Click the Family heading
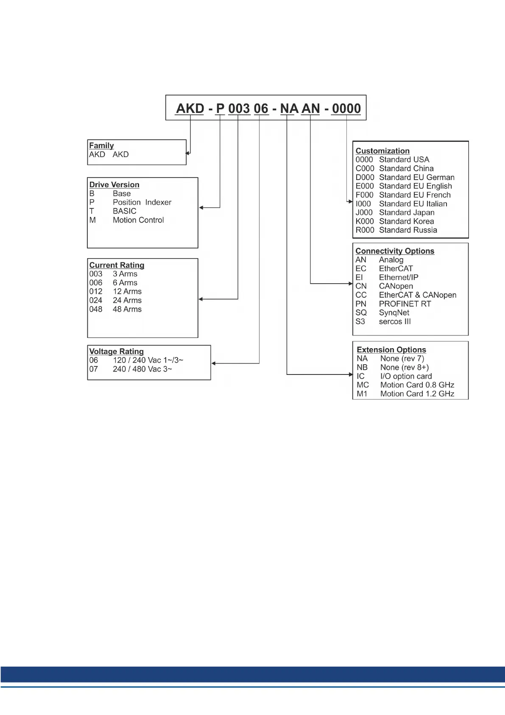coord(101,146)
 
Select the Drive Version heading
coord(114,185)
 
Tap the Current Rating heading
coord(117,265)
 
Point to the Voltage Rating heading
coord(116,352)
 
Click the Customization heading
coord(382,151)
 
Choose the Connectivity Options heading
coord(395,251)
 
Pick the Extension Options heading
coord(391,350)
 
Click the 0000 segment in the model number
coord(346,109)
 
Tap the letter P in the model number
coord(220,109)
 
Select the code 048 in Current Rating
coord(96,309)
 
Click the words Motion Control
coord(138,220)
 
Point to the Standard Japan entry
coord(407,212)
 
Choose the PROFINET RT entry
coord(405,304)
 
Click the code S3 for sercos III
coord(360,321)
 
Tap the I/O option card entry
coord(406,376)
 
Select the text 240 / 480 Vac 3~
coord(142,369)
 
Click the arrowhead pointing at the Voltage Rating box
coord(213,363)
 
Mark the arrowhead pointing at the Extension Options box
coord(350,374)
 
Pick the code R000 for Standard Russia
coord(365,230)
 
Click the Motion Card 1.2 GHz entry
coord(417,394)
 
